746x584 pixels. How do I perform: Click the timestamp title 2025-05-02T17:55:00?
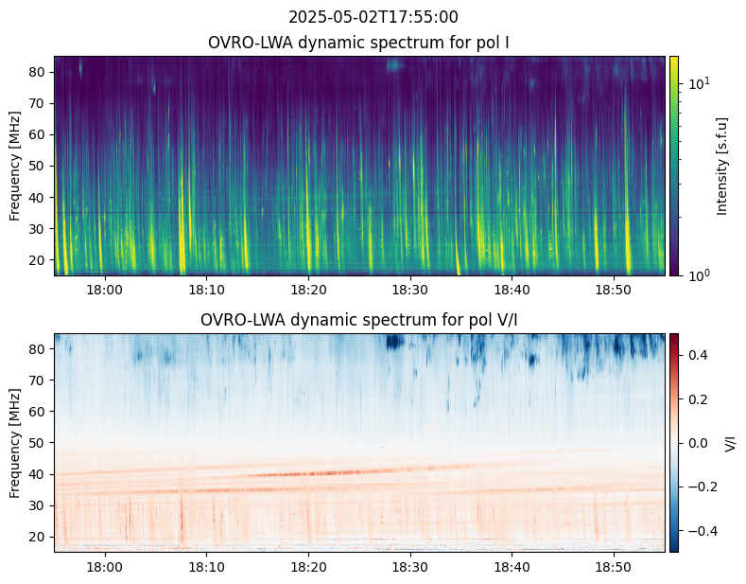(x=373, y=17)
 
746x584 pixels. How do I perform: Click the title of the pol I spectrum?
(x=360, y=43)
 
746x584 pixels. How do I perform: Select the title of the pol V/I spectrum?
(x=360, y=320)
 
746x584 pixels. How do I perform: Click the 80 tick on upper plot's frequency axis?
(x=40, y=72)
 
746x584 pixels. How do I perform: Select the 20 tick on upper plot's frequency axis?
(x=40, y=259)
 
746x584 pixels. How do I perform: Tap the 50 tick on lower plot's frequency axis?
(x=40, y=443)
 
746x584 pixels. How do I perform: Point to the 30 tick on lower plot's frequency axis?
(x=40, y=505)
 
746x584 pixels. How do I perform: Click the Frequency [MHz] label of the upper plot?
(x=15, y=166)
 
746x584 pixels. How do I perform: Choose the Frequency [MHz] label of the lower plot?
(x=15, y=443)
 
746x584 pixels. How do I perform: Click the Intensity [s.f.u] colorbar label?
(x=723, y=166)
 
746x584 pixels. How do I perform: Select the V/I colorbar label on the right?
(x=729, y=443)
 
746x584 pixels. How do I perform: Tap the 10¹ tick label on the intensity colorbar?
(x=698, y=83)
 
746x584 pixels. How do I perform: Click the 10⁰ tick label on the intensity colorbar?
(x=698, y=275)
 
